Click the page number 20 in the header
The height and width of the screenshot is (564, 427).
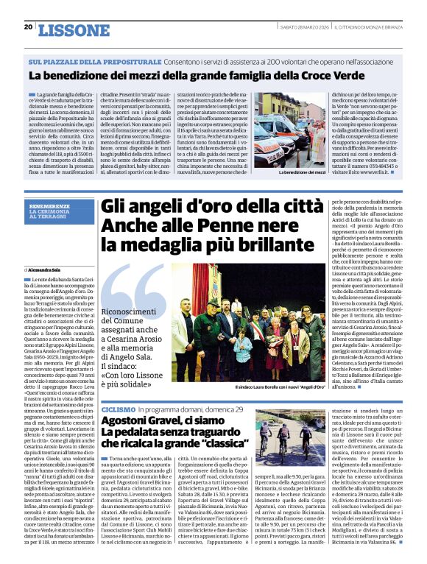tap(28, 27)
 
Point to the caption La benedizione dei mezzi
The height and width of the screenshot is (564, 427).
tap(301, 172)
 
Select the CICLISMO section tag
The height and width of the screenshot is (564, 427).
tap(118, 408)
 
